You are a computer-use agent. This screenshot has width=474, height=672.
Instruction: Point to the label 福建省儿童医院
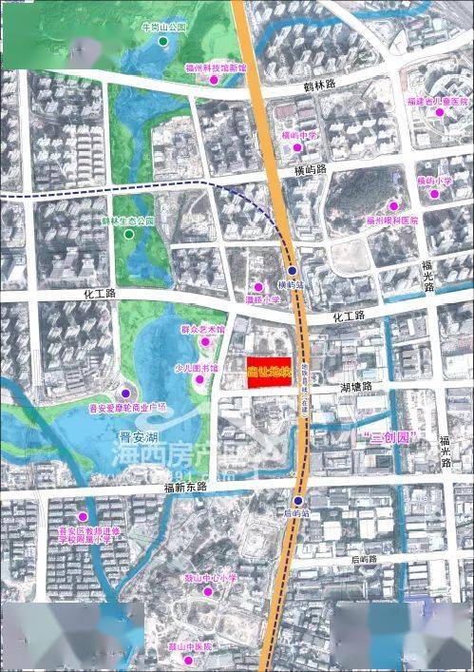pyautogui.click(x=438, y=101)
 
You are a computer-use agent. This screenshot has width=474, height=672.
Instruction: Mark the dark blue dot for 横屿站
pyautogui.click(x=294, y=271)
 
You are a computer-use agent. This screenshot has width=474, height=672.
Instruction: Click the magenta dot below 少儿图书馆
pyautogui.click(x=199, y=380)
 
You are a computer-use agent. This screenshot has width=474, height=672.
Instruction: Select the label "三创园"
pyautogui.click(x=384, y=439)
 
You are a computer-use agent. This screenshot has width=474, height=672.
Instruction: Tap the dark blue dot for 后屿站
pyautogui.click(x=297, y=501)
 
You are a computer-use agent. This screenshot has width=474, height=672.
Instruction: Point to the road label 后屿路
pyautogui.click(x=362, y=560)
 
